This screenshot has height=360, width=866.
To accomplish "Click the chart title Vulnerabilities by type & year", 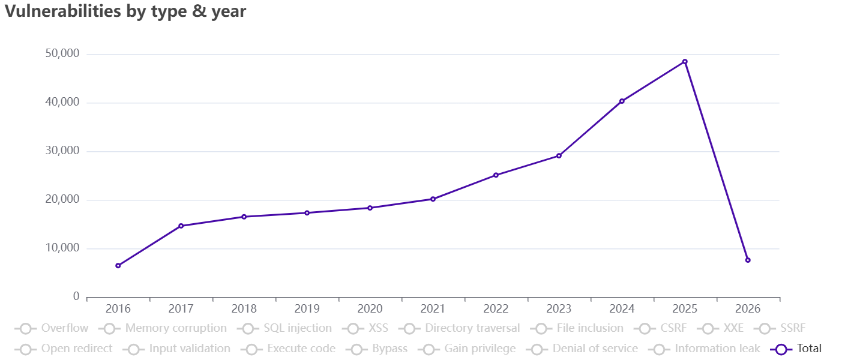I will pos(125,11).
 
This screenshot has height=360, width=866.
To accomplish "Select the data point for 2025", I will pos(685,62).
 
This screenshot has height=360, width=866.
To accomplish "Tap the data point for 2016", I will pos(118,266).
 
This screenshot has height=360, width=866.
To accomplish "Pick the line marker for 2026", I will pos(748,260).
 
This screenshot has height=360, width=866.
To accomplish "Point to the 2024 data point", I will pos(622,101).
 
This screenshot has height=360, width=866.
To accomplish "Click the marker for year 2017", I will pos(181,226).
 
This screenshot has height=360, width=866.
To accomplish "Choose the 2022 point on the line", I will pos(496,175).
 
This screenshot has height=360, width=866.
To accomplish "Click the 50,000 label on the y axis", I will pos(62,54).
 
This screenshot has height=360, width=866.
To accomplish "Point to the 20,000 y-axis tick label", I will pos(62,200).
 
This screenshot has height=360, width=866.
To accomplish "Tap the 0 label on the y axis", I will pos(76,297).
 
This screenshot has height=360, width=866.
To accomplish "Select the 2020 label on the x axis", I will pos(370,310).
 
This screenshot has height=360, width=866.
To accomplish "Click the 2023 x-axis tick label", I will pos(559,310).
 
